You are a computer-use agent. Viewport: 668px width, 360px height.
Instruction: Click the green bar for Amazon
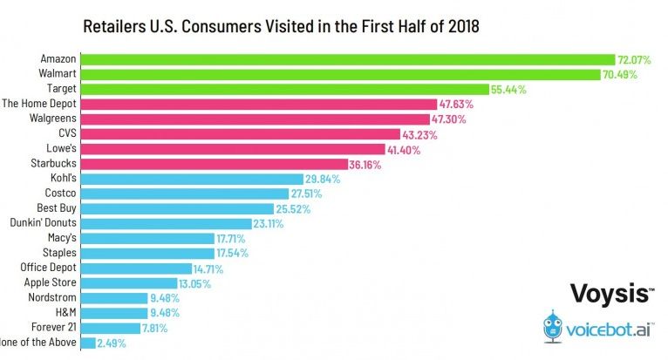[349, 58]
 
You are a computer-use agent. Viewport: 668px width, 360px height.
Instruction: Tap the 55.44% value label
[508, 89]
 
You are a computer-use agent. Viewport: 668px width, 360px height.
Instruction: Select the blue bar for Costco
[184, 194]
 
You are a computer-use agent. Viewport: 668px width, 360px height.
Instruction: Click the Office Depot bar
[136, 268]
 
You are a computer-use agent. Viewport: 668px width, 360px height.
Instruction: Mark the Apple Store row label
[51, 282]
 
